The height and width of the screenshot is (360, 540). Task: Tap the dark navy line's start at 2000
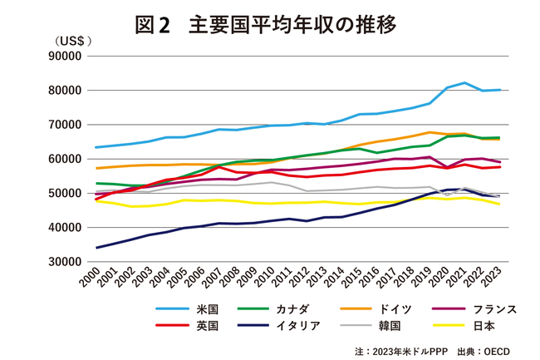click(96, 248)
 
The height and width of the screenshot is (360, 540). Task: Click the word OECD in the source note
click(499, 349)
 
